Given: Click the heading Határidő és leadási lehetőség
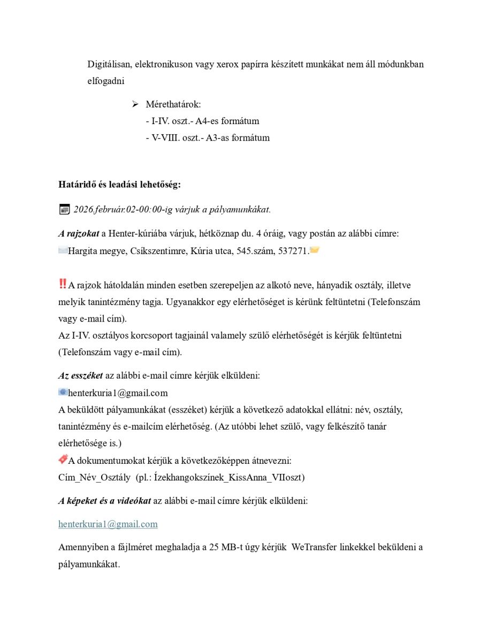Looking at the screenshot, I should click(119, 185).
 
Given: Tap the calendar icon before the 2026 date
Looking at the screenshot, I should click(64, 209).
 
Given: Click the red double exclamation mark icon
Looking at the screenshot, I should click(63, 284).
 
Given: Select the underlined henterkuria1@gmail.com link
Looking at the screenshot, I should click(108, 524).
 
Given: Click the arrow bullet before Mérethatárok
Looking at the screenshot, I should click(135, 104).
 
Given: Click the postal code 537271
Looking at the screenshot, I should click(294, 250).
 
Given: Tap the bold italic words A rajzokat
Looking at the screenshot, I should click(79, 233).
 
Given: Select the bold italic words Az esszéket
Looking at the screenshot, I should click(80, 376).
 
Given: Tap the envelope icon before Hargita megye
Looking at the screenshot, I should click(63, 250).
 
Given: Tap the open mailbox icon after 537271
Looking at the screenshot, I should click(315, 250).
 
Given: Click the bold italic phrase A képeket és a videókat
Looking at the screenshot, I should click(104, 501).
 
